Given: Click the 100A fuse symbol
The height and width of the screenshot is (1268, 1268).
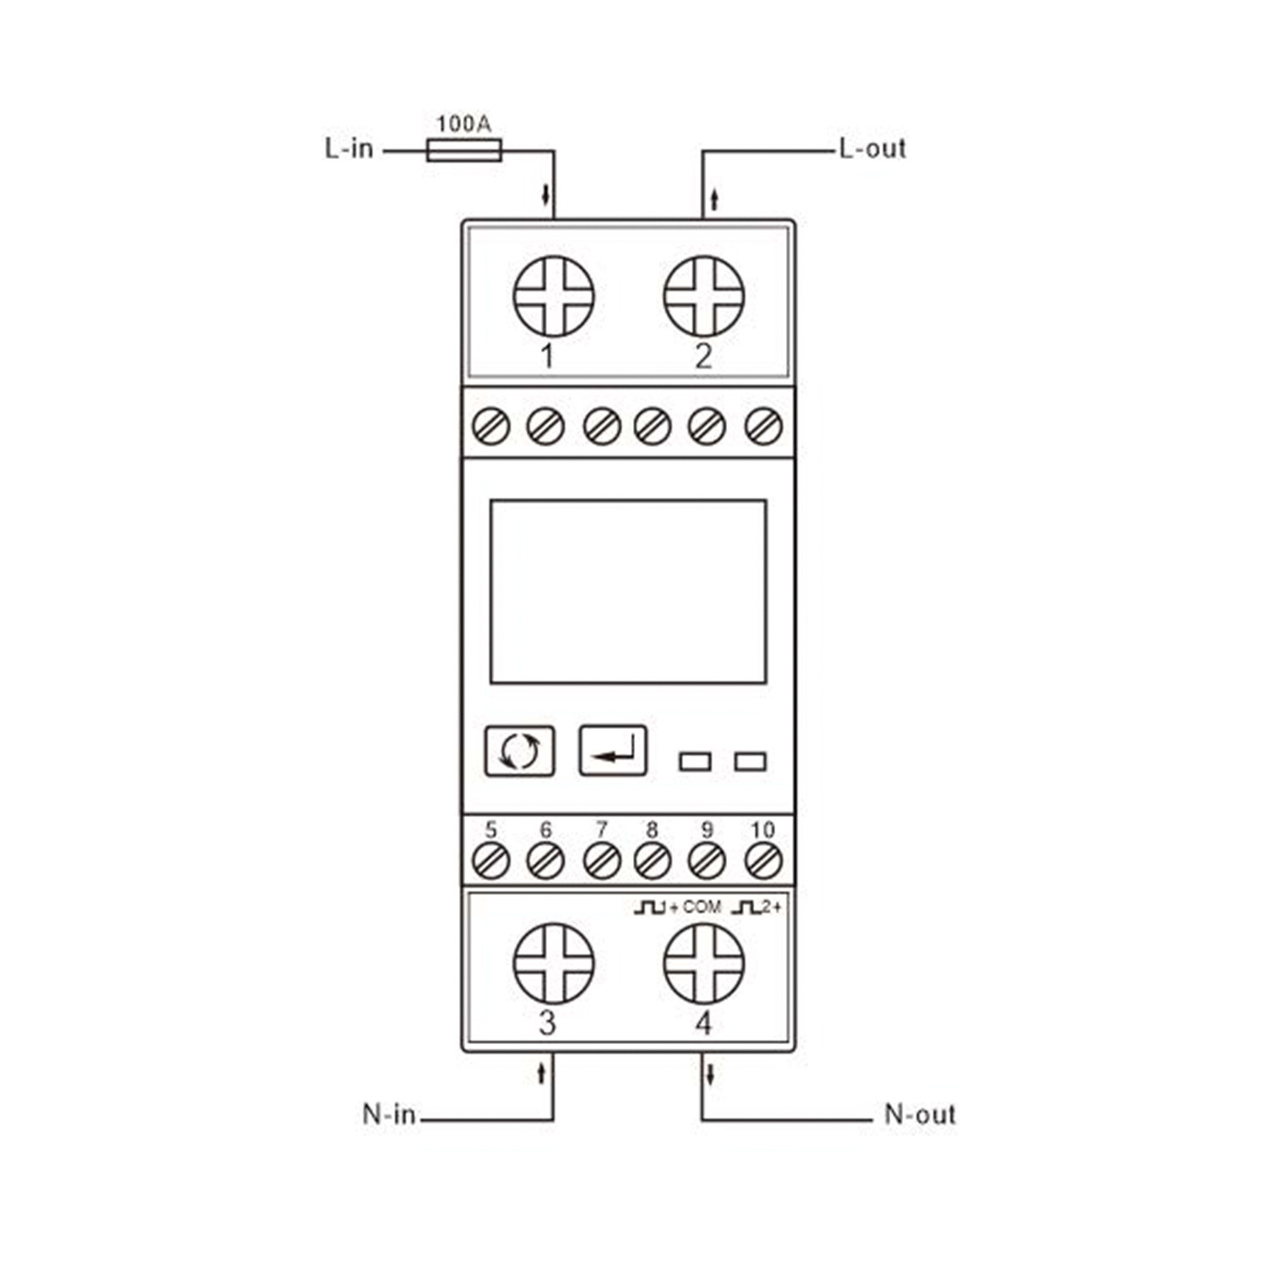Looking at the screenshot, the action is (464, 150).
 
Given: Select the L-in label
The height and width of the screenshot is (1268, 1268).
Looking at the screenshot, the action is (349, 148).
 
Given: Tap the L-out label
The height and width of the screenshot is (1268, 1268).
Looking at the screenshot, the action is (872, 148).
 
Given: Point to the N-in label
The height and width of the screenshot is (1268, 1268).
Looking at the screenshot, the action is (389, 1113).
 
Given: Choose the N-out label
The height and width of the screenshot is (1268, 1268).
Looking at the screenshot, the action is (920, 1113).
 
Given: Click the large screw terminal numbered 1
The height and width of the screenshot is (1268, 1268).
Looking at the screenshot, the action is (554, 296).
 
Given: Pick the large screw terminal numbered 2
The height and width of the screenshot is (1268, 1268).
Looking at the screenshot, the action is (704, 296).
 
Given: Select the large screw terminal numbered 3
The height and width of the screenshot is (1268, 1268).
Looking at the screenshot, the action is (554, 963).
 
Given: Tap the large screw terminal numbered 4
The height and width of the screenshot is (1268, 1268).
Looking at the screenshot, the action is (704, 963).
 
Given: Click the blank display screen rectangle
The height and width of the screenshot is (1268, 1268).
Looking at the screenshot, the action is (628, 591).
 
